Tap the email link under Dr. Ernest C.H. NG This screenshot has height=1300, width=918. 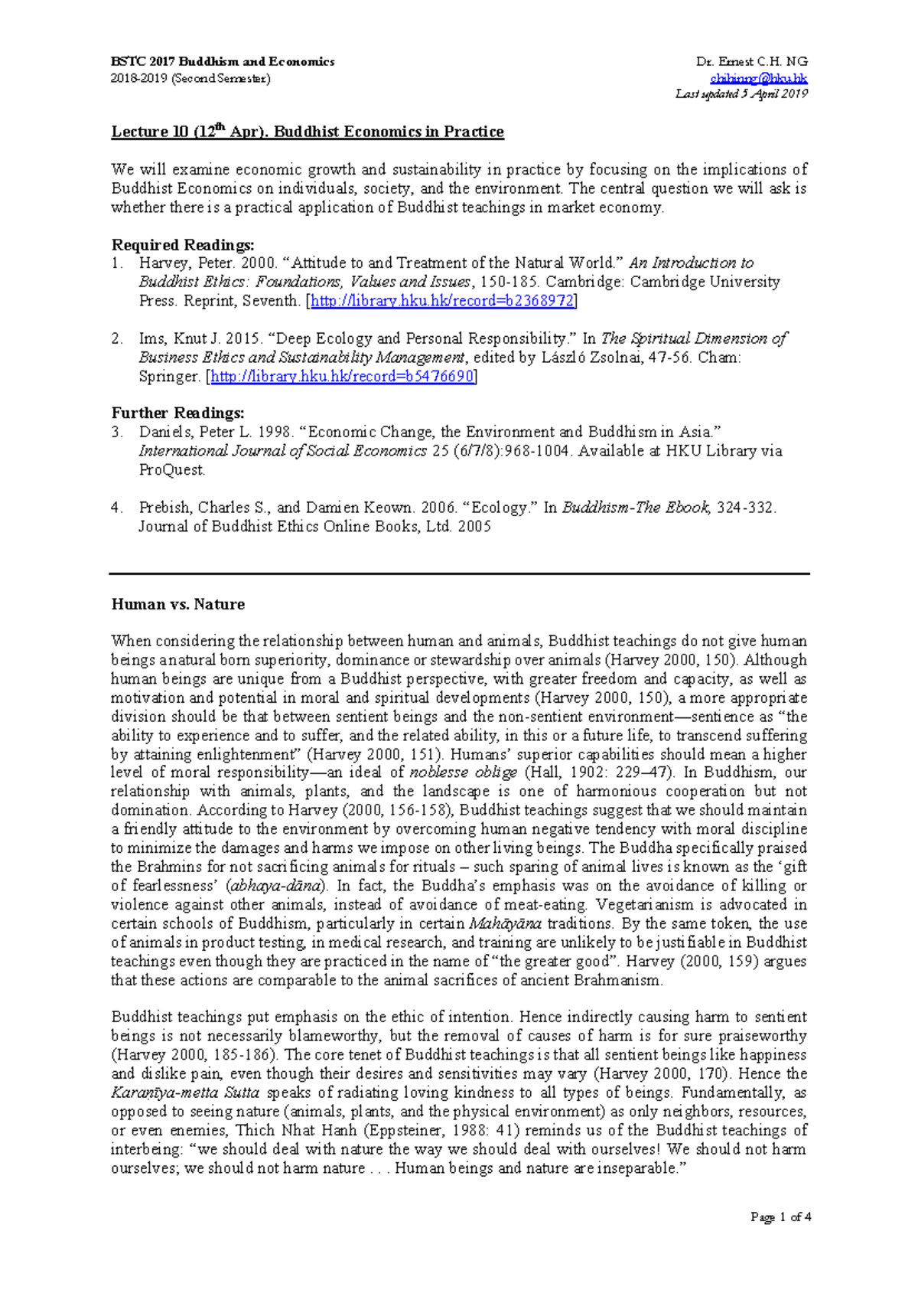click(758, 78)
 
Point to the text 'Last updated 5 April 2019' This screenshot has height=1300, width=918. click(741, 93)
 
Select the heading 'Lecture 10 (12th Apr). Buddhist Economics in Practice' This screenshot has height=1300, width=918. click(308, 132)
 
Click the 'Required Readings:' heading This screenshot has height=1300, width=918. click(183, 245)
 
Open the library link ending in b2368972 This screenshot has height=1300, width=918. click(442, 301)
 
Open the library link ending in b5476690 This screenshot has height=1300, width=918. click(342, 377)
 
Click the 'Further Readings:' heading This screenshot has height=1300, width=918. click(177, 413)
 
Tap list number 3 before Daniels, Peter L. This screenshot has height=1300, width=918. click(117, 432)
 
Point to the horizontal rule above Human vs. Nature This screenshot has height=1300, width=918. click(459, 573)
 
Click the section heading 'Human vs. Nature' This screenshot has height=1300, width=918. click(178, 604)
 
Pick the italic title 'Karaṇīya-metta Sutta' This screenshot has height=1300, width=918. click(185, 1093)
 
